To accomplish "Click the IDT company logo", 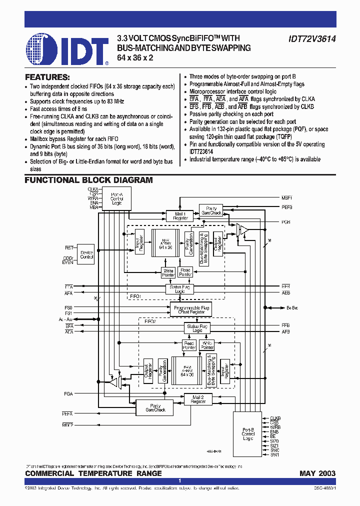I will [x=66, y=49].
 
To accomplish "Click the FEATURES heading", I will [x=47, y=77].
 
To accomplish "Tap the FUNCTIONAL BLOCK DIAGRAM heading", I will [x=88, y=180].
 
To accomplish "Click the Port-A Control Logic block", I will [x=117, y=198].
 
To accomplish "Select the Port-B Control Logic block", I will [x=248, y=433].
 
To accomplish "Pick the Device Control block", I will [x=86, y=254].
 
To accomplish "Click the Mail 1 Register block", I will [x=180, y=216].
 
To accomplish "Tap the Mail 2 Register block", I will [x=198, y=399].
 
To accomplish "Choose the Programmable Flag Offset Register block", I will [x=191, y=309].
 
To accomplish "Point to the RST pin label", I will [x=69, y=247].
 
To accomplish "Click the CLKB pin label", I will [x=275, y=418].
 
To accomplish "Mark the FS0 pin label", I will [x=69, y=307].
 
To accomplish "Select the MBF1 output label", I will [x=287, y=198].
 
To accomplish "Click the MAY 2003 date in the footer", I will [x=317, y=473].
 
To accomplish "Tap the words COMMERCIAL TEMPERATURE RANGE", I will [x=93, y=473].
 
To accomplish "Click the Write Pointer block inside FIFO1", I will [x=168, y=273].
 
